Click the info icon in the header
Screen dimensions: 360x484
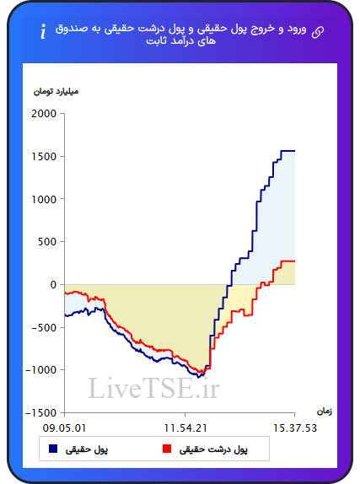[43, 31]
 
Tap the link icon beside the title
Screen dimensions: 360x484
[318, 32]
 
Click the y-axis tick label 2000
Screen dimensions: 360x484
[44, 114]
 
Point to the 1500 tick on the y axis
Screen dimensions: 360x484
[44, 157]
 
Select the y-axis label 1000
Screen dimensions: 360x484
[44, 199]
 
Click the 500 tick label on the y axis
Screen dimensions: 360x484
[47, 242]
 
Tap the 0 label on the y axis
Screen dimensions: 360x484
[53, 285]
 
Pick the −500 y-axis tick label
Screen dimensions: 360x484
[44, 327]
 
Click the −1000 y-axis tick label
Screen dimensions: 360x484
[41, 370]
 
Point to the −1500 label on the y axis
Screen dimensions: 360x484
[41, 412]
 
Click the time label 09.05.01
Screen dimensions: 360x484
[65, 428]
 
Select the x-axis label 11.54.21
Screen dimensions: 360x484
[185, 428]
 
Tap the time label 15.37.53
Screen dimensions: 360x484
[295, 428]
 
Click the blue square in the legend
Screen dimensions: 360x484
[53, 449]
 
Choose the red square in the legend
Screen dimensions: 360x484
[167, 449]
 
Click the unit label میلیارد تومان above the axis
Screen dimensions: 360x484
[56, 92]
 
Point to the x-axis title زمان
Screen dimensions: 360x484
[325, 411]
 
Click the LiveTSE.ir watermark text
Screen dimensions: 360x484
[153, 388]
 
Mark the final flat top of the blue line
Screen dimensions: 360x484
[287, 151]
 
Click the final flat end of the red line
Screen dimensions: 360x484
[287, 261]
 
